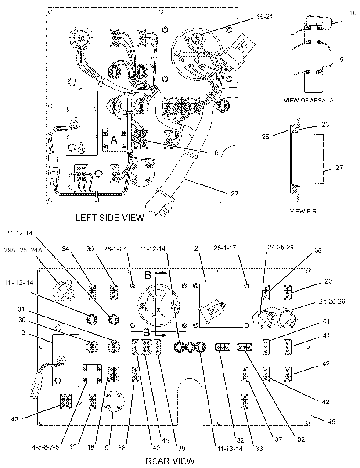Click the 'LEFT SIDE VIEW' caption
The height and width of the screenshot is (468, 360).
click(110, 217)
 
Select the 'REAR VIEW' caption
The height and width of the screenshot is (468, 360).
click(170, 461)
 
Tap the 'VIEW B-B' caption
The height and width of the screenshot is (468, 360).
click(303, 211)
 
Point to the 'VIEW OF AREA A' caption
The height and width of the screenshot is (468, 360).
click(309, 100)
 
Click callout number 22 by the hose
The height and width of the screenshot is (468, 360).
click(234, 194)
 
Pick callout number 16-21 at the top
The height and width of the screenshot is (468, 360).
click(264, 17)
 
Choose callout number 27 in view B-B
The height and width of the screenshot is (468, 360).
click(339, 167)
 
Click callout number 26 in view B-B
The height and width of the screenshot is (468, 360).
click(265, 137)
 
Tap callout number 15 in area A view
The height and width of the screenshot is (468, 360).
click(339, 60)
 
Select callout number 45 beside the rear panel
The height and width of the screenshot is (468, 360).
click(331, 422)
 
